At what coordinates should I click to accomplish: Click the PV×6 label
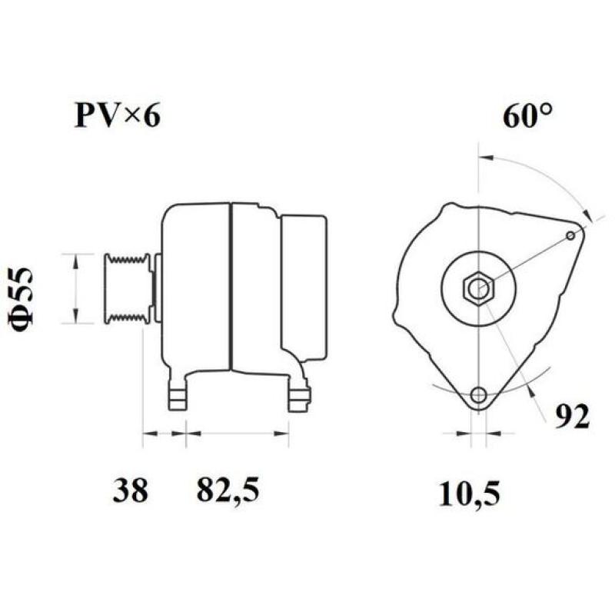point(118,116)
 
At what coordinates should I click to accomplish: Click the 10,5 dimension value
point(469,493)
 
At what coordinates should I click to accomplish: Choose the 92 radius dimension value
point(573,416)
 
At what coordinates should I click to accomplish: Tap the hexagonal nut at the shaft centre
point(479,289)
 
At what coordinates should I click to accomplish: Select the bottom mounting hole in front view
point(479,396)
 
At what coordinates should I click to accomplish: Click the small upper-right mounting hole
point(570,235)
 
